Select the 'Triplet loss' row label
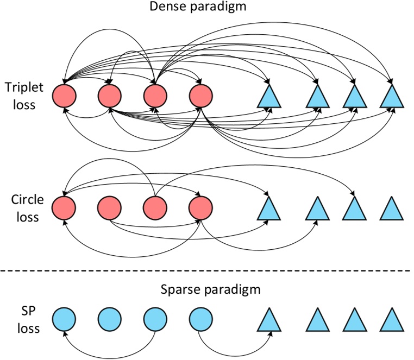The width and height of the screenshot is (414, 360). (x=20, y=95)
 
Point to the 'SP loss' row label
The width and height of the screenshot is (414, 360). (x=20, y=320)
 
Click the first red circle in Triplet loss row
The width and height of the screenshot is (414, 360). (x=64, y=96)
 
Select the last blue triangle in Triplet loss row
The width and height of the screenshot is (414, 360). (x=392, y=96)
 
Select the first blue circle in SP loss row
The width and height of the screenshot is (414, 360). (x=64, y=320)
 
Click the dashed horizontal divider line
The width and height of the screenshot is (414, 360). (x=207, y=270)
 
